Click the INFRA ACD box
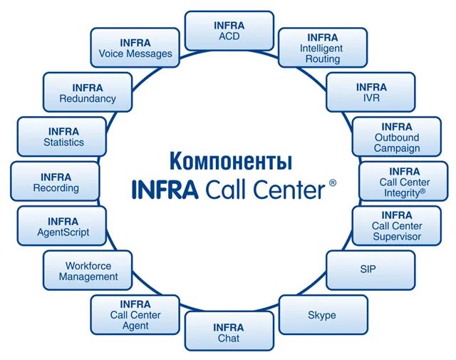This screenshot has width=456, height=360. (x=229, y=31)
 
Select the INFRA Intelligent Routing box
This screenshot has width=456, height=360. (x=323, y=48)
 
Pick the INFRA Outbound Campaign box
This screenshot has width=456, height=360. (x=397, y=137)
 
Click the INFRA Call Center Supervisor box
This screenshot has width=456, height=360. (x=397, y=225)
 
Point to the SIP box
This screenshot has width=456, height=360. (x=368, y=269)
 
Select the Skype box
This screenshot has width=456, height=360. (x=322, y=314)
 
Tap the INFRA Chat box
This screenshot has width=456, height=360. (x=229, y=332)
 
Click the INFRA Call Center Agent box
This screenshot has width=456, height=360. (x=135, y=314)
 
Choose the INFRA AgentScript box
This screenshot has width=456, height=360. (x=63, y=226)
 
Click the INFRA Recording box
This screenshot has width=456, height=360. (x=56, y=182)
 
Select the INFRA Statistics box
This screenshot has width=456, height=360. (x=62, y=136)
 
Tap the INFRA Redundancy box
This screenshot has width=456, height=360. (x=88, y=92)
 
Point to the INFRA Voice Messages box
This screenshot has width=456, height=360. (x=135, y=48)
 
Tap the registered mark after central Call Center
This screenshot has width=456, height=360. (x=333, y=183)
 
